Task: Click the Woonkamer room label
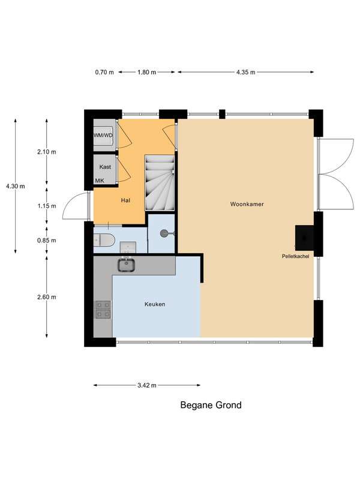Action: click(x=247, y=204)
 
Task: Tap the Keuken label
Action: click(x=155, y=304)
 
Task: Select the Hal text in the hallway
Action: click(x=125, y=200)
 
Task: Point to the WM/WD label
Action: click(x=103, y=136)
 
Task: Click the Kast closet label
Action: click(x=105, y=167)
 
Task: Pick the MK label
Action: click(x=100, y=181)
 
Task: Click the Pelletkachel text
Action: click(x=295, y=257)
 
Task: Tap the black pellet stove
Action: click(x=304, y=238)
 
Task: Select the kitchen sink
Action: click(x=127, y=265)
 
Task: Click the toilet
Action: click(x=104, y=240)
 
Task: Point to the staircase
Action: click(x=160, y=182)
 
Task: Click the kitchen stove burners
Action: click(x=103, y=310)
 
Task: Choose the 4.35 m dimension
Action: click(x=245, y=72)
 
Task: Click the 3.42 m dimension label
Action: click(x=147, y=385)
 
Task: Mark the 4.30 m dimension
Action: click(x=16, y=186)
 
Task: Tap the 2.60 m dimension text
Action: click(x=47, y=297)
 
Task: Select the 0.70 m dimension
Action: click(x=104, y=72)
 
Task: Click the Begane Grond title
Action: click(x=211, y=406)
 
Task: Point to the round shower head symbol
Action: click(x=164, y=233)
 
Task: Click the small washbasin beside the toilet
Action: click(x=128, y=247)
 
